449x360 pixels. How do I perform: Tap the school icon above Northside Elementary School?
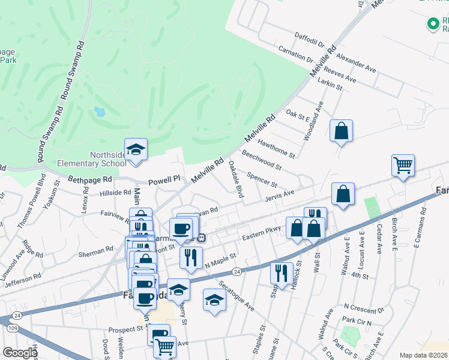tap(136, 149)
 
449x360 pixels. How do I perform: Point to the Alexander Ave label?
tap(356, 62)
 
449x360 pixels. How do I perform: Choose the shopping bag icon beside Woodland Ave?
tap(341, 131)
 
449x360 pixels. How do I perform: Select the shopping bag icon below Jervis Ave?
tap(343, 194)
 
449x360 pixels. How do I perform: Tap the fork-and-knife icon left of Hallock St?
tap(282, 273)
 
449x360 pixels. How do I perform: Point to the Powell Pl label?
tap(164, 179)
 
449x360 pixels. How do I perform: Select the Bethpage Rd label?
tap(90, 179)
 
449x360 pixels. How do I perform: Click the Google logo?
tap(20, 352)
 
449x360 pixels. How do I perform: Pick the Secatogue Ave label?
tap(236, 296)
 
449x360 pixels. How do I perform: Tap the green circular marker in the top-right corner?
tap(432, 24)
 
